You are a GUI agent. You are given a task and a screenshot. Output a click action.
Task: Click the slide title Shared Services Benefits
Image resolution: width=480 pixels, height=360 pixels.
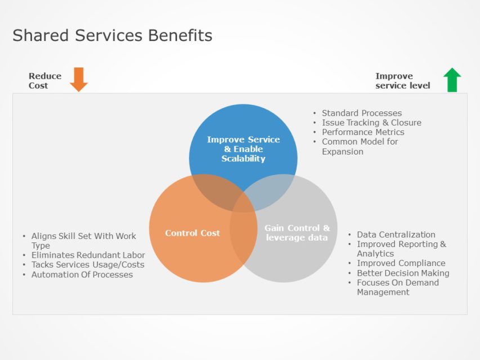[113, 35]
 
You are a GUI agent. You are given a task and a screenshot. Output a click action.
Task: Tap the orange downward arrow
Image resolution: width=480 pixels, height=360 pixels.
[79, 80]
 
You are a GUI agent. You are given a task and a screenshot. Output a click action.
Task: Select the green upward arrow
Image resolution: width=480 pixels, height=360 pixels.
[452, 80]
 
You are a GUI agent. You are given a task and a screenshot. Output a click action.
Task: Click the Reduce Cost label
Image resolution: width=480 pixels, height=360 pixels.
[45, 81]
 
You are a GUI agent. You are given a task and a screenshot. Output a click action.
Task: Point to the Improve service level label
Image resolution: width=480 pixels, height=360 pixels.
[403, 81]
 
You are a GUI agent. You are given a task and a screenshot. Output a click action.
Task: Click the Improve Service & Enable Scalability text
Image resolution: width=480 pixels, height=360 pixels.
[243, 149]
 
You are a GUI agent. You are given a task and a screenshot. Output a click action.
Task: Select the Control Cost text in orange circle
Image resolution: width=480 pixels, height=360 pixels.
[192, 233]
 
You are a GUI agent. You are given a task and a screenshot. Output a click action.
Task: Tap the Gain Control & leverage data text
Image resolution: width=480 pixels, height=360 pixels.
[297, 233]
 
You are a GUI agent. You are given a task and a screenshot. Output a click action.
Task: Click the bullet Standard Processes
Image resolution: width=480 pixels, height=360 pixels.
[361, 113]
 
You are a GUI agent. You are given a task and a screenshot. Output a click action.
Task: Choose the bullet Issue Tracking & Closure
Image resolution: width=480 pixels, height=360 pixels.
[371, 123]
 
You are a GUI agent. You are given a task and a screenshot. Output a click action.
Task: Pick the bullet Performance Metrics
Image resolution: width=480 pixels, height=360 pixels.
[363, 132]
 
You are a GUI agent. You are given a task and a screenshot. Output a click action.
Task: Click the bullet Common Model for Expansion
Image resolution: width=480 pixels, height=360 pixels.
[360, 146]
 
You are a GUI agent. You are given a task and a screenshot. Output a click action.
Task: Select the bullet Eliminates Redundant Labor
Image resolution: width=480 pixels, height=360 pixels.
[88, 255]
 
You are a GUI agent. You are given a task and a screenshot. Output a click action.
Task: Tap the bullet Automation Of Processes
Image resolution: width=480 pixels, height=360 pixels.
[82, 274]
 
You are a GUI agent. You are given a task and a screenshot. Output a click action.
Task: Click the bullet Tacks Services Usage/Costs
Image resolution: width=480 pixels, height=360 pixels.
[88, 265]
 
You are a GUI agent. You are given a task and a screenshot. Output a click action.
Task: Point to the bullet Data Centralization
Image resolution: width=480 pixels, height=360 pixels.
[396, 235]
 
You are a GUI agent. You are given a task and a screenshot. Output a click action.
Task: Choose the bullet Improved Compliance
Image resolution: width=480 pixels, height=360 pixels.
[401, 263]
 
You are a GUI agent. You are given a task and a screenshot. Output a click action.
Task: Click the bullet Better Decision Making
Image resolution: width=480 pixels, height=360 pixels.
[403, 273]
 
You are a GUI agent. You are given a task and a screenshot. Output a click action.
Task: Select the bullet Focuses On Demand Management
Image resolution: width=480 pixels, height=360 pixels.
[397, 287]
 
